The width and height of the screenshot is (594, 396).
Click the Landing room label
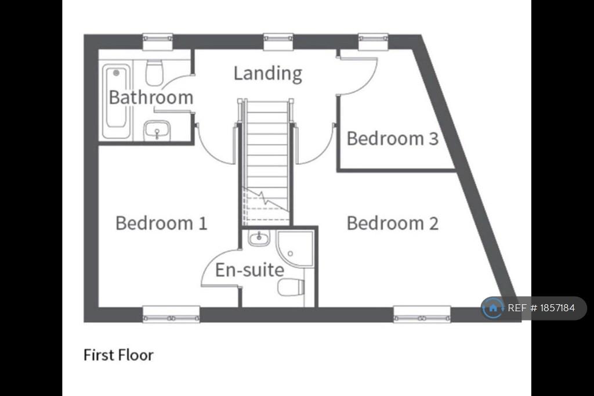point(268,74)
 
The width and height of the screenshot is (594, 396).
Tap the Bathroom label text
point(151,97)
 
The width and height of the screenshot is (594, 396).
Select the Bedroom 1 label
point(161,223)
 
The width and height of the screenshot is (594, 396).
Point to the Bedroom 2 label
point(393,223)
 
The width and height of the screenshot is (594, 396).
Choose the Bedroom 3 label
point(393,138)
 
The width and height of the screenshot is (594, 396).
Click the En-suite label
point(249,270)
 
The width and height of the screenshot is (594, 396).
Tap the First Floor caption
point(118,355)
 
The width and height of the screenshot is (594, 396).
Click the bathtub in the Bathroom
point(116,101)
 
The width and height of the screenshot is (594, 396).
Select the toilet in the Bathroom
point(154,72)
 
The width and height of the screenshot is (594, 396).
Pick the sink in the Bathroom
point(157,131)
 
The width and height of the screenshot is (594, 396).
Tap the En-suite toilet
point(291,287)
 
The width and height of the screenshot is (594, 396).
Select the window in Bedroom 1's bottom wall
point(171,314)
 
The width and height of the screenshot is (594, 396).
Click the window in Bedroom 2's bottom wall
point(422,314)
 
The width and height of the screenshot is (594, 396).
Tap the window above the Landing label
point(278,42)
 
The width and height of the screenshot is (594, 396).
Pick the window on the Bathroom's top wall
point(158,42)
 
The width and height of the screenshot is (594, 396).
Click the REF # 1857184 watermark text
point(541,308)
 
